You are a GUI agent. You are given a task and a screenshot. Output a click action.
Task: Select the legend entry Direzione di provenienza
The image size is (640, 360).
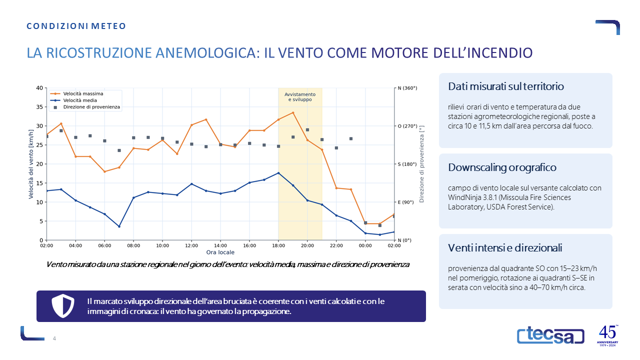(85, 107)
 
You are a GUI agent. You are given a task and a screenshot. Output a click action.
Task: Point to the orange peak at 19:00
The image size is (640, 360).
(293, 112)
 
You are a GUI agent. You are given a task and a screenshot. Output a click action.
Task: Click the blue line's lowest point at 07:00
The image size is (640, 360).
(119, 226)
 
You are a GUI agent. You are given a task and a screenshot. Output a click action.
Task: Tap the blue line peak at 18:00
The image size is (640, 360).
(278, 173)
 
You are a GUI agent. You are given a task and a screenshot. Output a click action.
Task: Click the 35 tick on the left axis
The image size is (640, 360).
(39, 107)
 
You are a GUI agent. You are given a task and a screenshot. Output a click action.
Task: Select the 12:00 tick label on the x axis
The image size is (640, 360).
(191, 245)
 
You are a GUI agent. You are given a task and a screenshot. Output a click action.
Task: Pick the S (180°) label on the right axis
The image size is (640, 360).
(407, 164)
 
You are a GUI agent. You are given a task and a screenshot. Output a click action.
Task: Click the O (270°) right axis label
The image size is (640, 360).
(407, 126)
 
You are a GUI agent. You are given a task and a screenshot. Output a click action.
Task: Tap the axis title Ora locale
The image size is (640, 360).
(220, 252)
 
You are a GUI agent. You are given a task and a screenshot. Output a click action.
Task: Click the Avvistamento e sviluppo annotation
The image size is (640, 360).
(300, 97)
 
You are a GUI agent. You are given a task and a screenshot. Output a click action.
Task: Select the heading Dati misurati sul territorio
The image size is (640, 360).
(505, 86)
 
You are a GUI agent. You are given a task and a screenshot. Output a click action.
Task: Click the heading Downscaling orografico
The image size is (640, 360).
(502, 167)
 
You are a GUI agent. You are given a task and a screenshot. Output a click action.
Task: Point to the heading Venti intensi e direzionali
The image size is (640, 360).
(505, 248)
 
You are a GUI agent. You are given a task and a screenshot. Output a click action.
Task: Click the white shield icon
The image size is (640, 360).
(63, 306)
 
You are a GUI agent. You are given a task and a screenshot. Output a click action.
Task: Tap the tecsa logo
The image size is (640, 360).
(550, 335)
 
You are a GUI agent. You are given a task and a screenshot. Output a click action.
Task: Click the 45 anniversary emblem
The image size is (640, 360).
(607, 335)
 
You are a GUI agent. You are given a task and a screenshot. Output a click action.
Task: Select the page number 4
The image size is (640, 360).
(54, 338)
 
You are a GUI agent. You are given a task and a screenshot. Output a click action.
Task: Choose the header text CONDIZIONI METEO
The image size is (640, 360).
(76, 26)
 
